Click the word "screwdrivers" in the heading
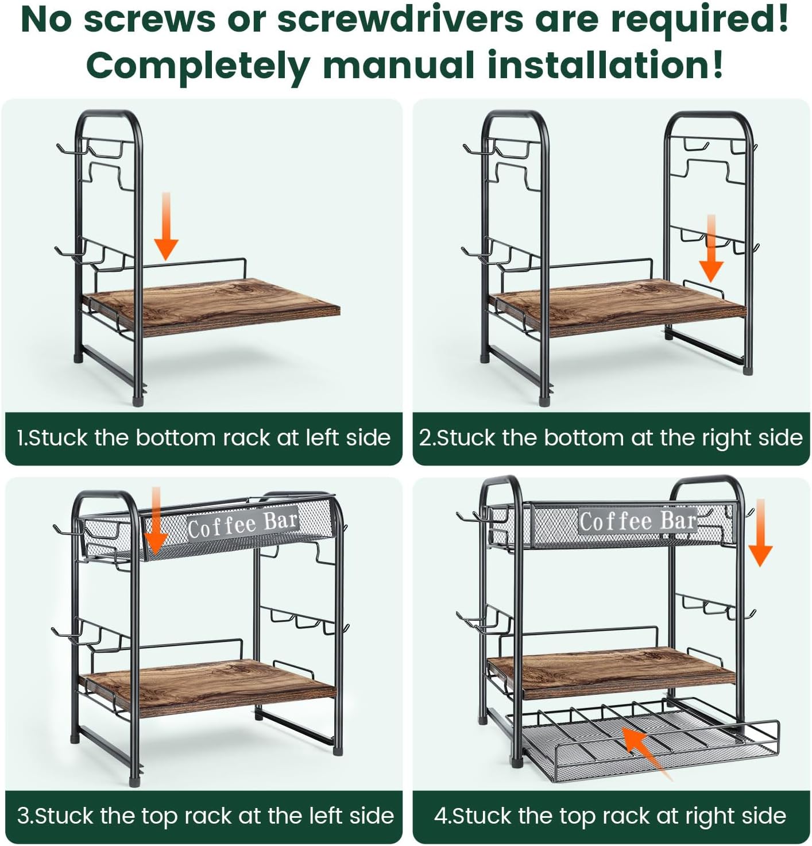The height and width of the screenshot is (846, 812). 400,20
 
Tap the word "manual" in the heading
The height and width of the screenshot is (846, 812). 399,65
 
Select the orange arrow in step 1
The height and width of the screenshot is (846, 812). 166,226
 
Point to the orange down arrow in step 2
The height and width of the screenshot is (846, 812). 711,248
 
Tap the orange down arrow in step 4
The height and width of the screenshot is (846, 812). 760,533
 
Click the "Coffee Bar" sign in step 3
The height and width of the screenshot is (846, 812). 243,524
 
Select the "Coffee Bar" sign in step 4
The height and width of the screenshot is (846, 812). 638,521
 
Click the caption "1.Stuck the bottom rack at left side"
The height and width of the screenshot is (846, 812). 204,437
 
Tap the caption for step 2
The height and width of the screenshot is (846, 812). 611,437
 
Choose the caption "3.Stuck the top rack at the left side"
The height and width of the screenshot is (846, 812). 206,816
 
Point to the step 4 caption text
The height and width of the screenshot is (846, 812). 610,816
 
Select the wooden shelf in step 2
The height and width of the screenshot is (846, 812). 617,307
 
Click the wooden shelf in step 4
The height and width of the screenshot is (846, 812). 610,672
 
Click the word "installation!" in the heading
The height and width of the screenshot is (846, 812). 605,65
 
